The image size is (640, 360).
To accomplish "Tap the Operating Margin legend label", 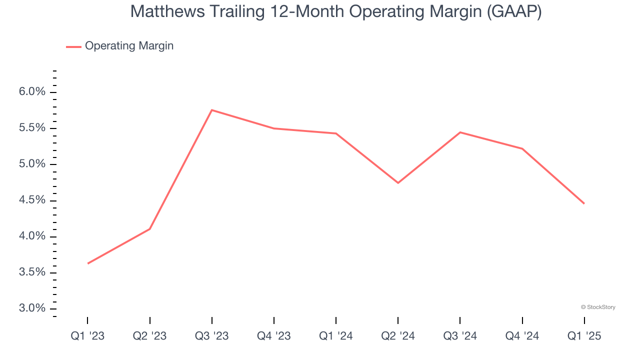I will point(129,46).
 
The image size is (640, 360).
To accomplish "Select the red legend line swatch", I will point(73,46).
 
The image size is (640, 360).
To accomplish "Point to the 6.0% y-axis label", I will point(32,92).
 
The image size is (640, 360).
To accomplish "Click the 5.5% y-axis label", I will point(32,128).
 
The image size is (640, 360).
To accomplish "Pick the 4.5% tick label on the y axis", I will point(32,200).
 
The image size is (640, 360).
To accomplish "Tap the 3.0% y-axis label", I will point(32,308).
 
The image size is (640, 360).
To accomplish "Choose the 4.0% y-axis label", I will point(32,236).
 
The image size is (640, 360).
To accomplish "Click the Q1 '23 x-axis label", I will point(87,336).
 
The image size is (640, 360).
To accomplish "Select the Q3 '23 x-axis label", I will point(212,336).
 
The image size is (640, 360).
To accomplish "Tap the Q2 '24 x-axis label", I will point(398,336).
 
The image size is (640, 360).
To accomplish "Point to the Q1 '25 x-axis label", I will point(584,336).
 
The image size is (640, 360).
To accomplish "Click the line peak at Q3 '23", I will point(212,110).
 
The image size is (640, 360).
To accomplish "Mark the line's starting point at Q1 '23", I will point(88,263).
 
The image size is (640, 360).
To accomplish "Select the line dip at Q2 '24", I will point(398,183).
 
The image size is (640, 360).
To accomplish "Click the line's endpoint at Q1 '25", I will point(583,203).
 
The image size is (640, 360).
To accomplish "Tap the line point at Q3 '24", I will point(460,132).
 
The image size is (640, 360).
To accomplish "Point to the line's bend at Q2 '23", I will point(150,229).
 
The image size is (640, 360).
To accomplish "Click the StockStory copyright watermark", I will point(598,307).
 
